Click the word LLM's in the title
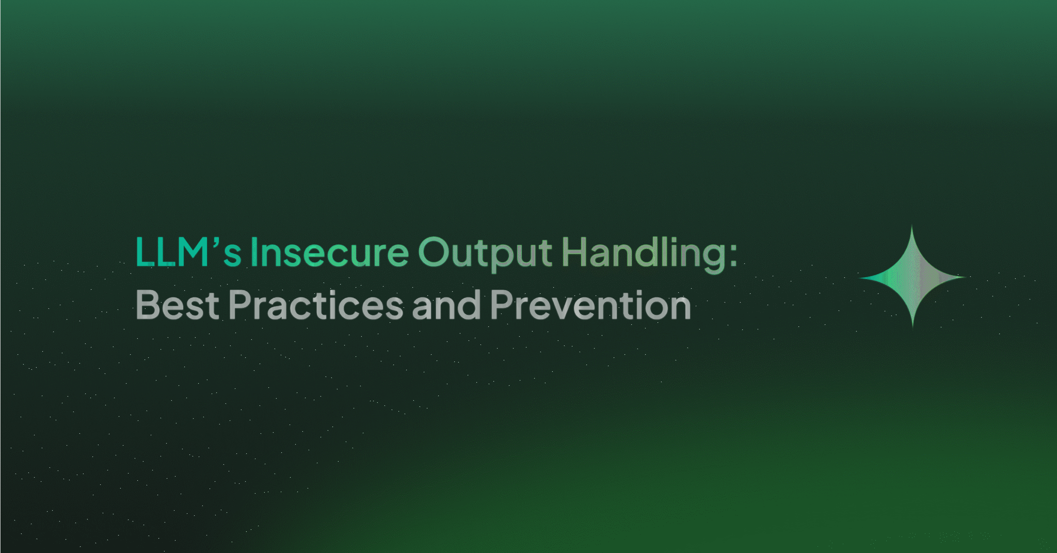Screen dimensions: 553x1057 188,252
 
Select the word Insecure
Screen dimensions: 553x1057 329,252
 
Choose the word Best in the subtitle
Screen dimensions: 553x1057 178,305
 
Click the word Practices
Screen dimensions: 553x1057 315,305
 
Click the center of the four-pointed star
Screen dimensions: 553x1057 912,277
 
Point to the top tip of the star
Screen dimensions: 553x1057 912,227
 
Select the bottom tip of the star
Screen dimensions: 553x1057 912,326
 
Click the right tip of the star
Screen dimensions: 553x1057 964,277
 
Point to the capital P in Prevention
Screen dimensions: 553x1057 501,305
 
